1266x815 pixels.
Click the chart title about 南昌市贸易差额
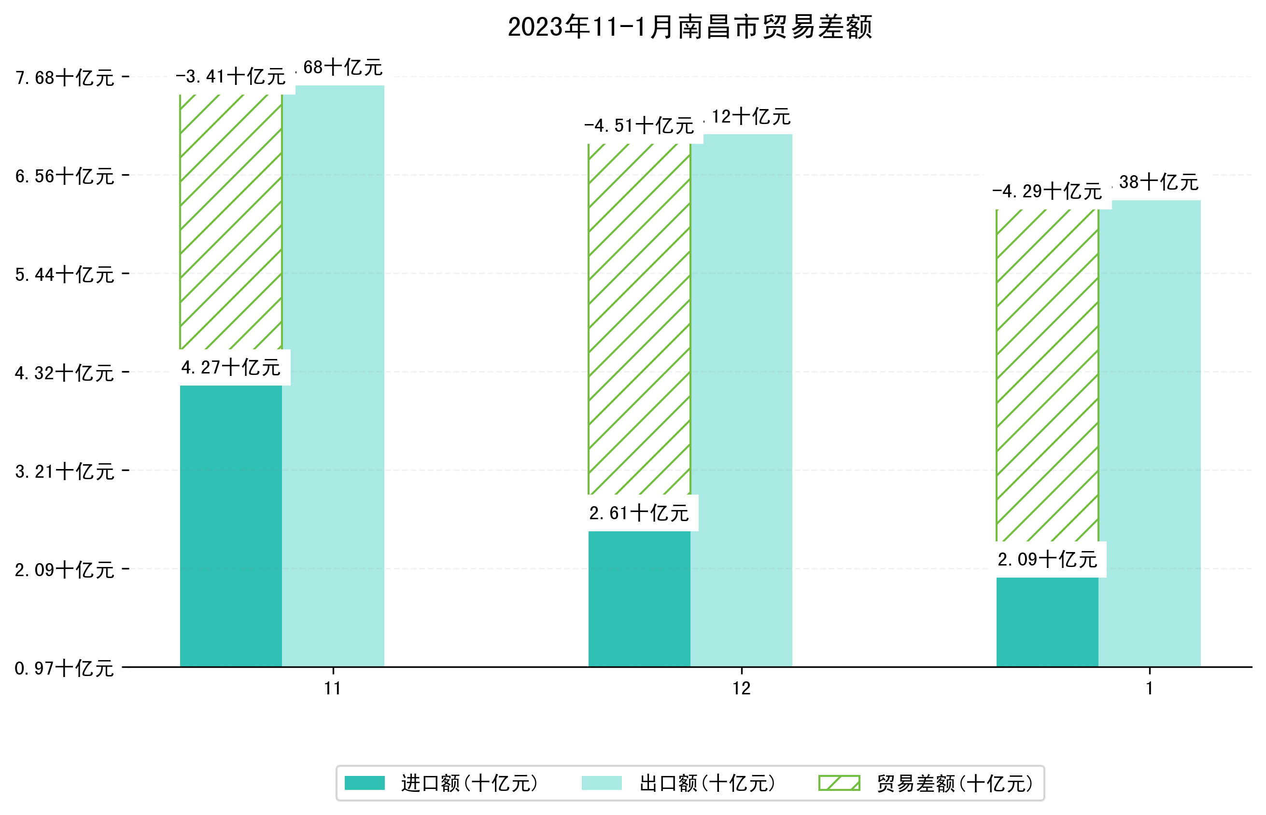click(x=689, y=27)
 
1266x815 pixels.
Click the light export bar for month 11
click(x=333, y=376)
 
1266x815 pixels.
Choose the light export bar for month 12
click(x=741, y=400)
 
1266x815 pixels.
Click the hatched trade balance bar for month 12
click(x=639, y=319)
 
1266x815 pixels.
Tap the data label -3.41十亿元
click(x=231, y=77)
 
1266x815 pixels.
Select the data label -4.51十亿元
click(x=639, y=126)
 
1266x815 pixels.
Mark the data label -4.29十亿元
click(x=1047, y=191)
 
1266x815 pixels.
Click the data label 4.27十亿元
click(x=231, y=367)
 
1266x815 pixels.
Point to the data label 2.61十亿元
click(x=639, y=513)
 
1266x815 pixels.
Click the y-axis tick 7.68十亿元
click(x=65, y=78)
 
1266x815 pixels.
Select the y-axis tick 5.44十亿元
click(x=65, y=275)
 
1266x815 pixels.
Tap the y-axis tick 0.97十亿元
click(x=65, y=668)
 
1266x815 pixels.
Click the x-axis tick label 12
click(x=741, y=688)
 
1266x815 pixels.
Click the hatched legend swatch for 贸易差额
click(x=839, y=783)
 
